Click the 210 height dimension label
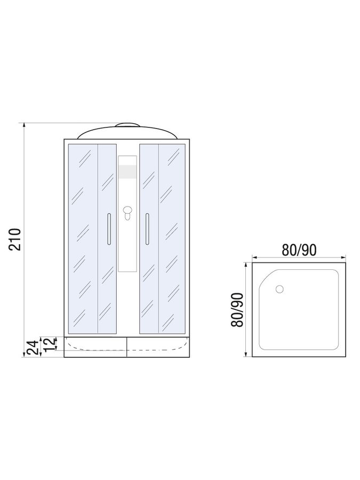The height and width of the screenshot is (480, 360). click(x=15, y=239)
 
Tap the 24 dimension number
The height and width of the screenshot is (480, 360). click(x=33, y=347)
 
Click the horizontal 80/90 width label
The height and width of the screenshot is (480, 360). click(x=299, y=250)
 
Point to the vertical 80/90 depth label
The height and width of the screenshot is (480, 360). click(x=237, y=309)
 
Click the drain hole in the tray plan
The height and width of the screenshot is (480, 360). click(x=280, y=289)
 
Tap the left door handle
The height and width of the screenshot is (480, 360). click(x=109, y=229)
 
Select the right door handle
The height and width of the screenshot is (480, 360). click(x=147, y=229)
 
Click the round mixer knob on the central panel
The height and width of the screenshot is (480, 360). click(x=127, y=211)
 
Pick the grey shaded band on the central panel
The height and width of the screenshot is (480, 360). click(x=127, y=171)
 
